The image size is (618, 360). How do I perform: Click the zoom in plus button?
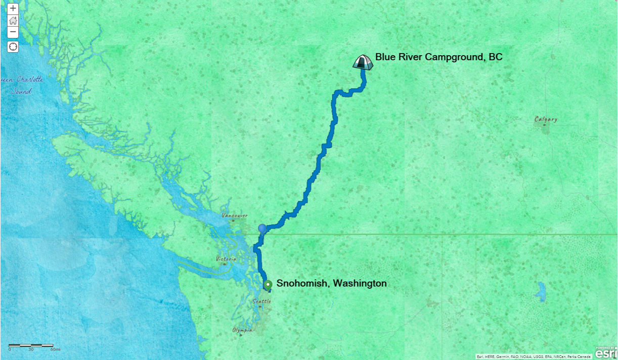pos(13,9)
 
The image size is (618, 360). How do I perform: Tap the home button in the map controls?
pos(13,21)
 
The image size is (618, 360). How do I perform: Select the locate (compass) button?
pos(13,47)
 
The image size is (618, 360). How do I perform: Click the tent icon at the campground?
pos(363,62)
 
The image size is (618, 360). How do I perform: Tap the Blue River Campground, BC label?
pos(438,57)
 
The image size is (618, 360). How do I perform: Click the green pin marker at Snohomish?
pos(268,285)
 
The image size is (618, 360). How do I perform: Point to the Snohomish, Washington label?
pos(331,284)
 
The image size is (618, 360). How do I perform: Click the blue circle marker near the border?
pos(262,229)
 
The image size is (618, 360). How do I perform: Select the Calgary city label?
pos(546,119)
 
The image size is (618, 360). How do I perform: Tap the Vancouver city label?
pos(235,216)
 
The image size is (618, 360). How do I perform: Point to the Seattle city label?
pos(261,301)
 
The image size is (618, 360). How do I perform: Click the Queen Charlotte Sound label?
pos(23,85)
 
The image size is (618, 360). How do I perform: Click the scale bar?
pos(31,345)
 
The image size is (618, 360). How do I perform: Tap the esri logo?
pos(605,353)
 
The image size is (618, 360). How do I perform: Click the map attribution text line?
pos(534,356)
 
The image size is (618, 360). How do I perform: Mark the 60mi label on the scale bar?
pos(55,349)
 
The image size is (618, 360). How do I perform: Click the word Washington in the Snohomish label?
pos(360,284)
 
